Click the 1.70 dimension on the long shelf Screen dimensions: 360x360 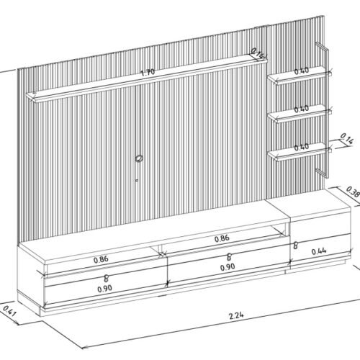pyautogui.click(x=148, y=72)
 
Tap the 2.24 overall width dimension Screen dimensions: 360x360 pyautogui.click(x=236, y=315)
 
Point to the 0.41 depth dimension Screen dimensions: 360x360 pyautogui.click(x=9, y=311)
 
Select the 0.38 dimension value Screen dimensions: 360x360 pyautogui.click(x=353, y=192)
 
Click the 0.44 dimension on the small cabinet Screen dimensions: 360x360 pyautogui.click(x=319, y=251)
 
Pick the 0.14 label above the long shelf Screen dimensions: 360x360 pyautogui.click(x=258, y=54)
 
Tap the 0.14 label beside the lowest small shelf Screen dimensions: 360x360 pyautogui.click(x=347, y=139)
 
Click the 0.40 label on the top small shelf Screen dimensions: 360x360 pyautogui.click(x=302, y=71)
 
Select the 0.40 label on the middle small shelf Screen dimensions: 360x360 pyautogui.click(x=302, y=109)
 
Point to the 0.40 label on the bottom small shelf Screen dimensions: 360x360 pyautogui.click(x=302, y=147)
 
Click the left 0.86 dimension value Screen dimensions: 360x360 pyautogui.click(x=101, y=259)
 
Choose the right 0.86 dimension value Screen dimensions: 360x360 pyautogui.click(x=222, y=238)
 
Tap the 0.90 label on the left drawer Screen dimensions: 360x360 pyautogui.click(x=105, y=289)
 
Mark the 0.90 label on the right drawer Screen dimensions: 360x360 pyautogui.click(x=228, y=267)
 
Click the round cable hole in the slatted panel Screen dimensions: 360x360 pyautogui.click(x=139, y=158)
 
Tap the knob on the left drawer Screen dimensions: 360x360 pyautogui.click(x=106, y=279)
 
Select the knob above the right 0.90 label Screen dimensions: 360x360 pyautogui.click(x=229, y=257)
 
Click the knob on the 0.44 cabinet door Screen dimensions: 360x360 pyautogui.click(x=296, y=246)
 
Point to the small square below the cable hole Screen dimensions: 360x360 pyautogui.click(x=137, y=180)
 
